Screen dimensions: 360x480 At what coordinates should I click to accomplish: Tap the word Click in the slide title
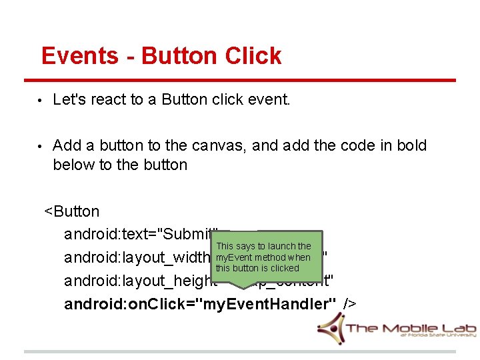pyautogui.click(x=253, y=56)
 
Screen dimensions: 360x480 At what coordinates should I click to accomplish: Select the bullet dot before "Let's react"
pyautogui.click(x=41, y=101)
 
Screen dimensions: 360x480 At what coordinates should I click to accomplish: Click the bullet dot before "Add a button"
pyautogui.click(x=41, y=146)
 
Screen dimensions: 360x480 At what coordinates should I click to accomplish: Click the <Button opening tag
pyautogui.click(x=72, y=211)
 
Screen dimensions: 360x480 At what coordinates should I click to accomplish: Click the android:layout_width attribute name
pyautogui.click(x=137, y=257)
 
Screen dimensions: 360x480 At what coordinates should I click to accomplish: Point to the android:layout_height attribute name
pyautogui.click(x=140, y=281)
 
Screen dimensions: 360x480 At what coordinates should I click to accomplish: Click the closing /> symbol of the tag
pyautogui.click(x=350, y=303)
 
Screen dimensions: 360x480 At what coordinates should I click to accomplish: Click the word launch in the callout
pyautogui.click(x=281, y=247)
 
